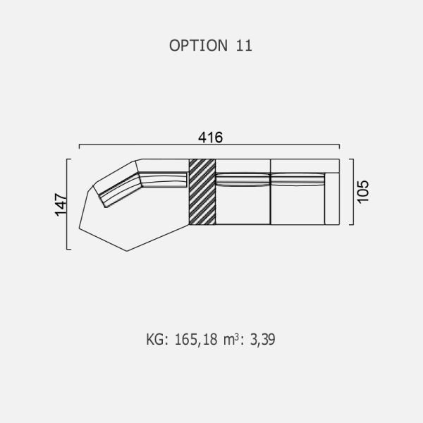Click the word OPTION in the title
pos(198,45)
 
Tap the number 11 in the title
pos(244,45)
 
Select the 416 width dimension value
pos(210,137)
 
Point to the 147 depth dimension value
pos(61,204)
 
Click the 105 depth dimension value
pos(363,192)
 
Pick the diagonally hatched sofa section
pos(202,192)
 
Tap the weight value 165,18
pos(196,339)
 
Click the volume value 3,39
pos(262,339)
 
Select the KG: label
pos(157,339)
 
